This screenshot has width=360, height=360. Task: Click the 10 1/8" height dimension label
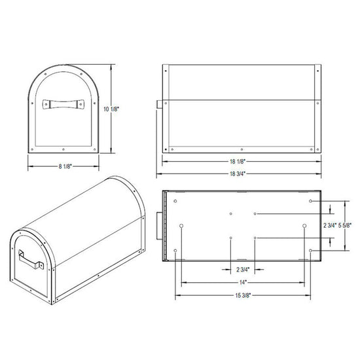(111, 109)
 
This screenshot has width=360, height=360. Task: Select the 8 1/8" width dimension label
(65, 166)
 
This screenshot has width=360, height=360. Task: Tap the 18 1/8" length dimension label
(238, 162)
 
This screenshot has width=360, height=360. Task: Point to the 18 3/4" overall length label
(238, 173)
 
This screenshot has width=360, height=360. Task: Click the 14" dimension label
(243, 282)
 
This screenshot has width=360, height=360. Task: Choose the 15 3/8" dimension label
(243, 295)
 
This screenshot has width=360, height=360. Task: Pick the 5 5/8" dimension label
(345, 225)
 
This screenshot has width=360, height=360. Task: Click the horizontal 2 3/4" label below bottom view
(243, 269)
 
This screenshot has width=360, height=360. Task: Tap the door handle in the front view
(63, 104)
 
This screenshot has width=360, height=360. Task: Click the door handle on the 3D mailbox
(31, 260)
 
